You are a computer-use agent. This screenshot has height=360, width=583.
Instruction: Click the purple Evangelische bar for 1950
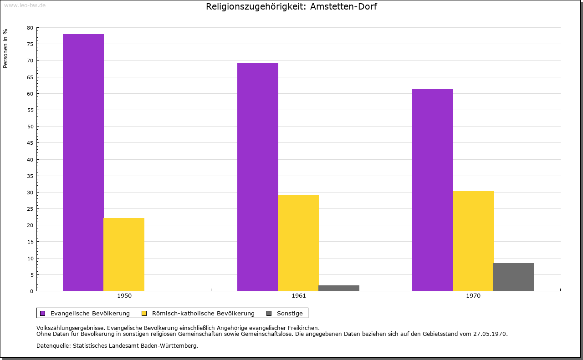click(x=83, y=162)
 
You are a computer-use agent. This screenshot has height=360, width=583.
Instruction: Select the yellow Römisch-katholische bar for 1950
click(x=124, y=254)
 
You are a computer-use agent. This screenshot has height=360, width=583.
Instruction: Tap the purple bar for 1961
click(x=258, y=177)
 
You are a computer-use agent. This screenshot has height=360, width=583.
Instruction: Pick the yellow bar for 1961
click(x=298, y=243)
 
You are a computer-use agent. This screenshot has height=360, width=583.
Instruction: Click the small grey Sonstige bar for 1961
click(x=339, y=288)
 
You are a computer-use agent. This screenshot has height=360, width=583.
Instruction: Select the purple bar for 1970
click(x=432, y=190)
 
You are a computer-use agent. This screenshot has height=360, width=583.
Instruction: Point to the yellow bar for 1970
click(x=473, y=241)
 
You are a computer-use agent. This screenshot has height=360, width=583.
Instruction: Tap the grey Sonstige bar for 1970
click(x=513, y=277)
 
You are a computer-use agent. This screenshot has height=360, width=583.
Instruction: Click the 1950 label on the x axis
click(x=124, y=296)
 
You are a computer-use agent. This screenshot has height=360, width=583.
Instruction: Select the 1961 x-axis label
click(x=299, y=296)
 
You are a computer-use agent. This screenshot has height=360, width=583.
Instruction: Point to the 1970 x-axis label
click(x=473, y=296)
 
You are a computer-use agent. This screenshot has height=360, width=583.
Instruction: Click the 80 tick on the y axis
click(x=30, y=28)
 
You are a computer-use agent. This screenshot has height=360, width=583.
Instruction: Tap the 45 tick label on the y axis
click(x=30, y=143)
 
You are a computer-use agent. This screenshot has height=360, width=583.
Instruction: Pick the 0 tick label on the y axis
click(x=31, y=291)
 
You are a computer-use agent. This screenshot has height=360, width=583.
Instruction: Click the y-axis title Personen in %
click(x=5, y=48)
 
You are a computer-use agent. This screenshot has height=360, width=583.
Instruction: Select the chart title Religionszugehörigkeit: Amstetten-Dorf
click(x=291, y=7)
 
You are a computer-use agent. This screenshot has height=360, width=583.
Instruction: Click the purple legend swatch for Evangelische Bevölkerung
click(x=43, y=313)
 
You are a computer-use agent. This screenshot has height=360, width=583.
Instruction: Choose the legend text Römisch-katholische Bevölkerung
click(x=203, y=313)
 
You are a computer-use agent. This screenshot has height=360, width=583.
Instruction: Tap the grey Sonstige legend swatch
click(x=269, y=313)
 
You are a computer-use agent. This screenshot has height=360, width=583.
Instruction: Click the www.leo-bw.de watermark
click(x=25, y=5)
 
